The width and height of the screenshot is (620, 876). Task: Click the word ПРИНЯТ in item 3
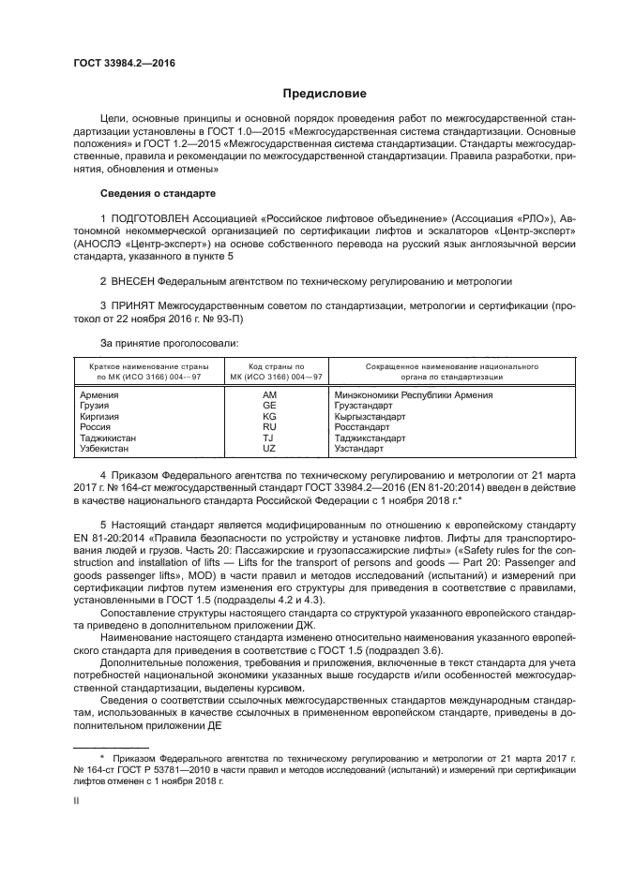[x=137, y=306]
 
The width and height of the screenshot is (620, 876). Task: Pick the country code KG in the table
[x=269, y=416]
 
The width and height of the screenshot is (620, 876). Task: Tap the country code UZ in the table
[x=269, y=448]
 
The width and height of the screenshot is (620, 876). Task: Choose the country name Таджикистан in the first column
[x=109, y=438]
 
